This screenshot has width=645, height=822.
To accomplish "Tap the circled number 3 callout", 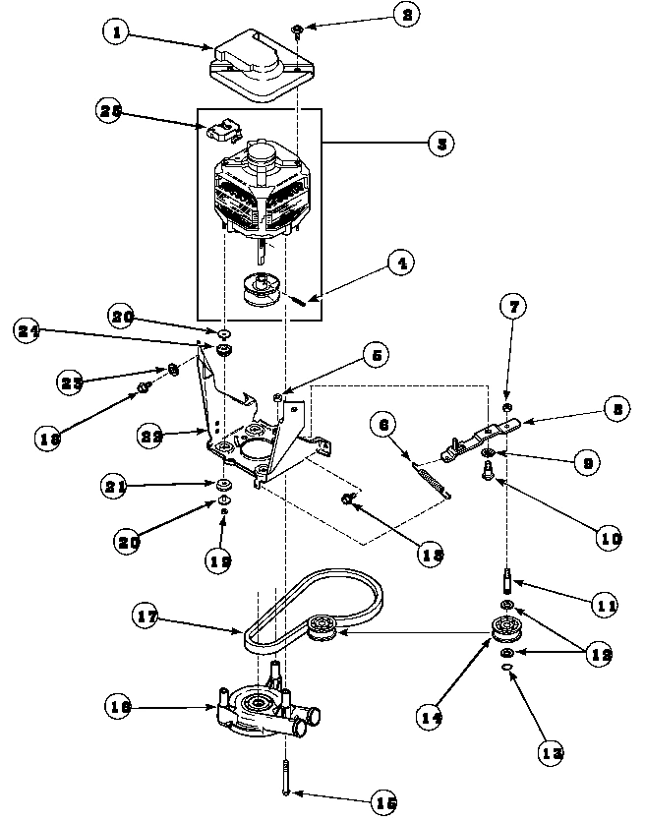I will [441, 143].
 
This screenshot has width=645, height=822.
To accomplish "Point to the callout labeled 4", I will [399, 264].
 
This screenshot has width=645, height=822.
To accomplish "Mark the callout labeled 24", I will [29, 331].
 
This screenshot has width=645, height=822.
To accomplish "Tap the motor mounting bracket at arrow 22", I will [246, 433].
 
